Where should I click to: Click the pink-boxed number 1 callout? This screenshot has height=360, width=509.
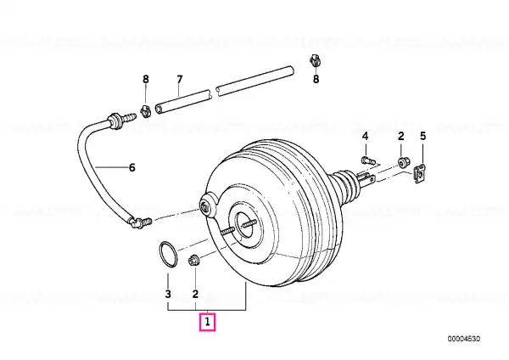(x=207, y=323)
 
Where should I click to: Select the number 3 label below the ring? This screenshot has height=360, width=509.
(x=168, y=294)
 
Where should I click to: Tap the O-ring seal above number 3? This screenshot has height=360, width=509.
(x=169, y=255)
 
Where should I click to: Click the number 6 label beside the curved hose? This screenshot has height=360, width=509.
(x=131, y=167)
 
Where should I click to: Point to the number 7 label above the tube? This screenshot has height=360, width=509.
(x=180, y=79)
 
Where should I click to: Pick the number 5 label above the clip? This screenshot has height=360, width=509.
(x=422, y=136)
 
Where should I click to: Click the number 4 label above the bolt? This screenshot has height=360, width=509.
(x=365, y=136)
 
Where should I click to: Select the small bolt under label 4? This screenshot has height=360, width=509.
(x=368, y=160)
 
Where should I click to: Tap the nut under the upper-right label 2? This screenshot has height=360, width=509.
(x=404, y=161)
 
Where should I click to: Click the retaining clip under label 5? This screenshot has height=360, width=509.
(x=421, y=175)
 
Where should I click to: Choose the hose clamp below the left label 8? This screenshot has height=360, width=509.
(x=145, y=110)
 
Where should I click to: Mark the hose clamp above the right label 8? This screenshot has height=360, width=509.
(x=315, y=61)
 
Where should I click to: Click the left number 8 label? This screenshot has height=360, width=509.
(x=146, y=79)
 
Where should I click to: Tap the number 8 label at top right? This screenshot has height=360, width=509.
(x=316, y=79)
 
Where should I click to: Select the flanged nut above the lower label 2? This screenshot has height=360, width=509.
(x=194, y=261)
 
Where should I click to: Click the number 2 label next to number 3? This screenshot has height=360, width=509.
(x=195, y=294)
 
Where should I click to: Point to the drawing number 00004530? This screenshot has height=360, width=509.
(x=464, y=339)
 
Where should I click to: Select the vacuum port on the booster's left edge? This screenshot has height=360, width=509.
(x=208, y=205)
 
